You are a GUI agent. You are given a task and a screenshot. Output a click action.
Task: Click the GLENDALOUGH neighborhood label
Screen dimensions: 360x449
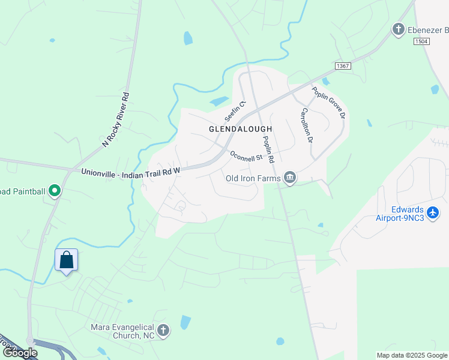point(240,129)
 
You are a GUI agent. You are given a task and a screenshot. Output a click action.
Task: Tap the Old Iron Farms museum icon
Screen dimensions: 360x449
point(290,178)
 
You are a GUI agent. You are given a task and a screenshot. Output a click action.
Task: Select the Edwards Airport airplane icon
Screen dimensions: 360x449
point(433,212)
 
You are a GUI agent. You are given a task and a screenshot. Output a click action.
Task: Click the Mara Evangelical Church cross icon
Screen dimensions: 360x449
point(163,331)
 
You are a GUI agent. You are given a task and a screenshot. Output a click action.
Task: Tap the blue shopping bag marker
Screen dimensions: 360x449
point(67,260)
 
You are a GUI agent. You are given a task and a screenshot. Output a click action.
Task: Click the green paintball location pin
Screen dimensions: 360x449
point(55,191)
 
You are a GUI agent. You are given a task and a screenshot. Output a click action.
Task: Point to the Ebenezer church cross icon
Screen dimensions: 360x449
point(397,29)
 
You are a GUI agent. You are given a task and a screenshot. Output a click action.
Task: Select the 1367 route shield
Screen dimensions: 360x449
point(343,65)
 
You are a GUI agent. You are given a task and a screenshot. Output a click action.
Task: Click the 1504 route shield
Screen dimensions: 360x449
point(422,41)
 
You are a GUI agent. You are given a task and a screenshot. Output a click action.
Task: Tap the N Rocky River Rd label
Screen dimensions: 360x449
point(116,120)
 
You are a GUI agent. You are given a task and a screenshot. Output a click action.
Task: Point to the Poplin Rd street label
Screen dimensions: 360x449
point(267,149)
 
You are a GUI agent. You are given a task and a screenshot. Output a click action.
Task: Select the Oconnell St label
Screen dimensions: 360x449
point(247,155)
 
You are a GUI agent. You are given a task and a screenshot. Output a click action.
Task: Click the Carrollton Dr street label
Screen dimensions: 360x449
point(307,125)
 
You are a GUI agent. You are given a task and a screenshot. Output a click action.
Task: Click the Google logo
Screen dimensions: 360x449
point(20,353)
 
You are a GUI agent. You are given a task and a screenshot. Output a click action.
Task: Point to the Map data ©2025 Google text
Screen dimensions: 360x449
point(412,355)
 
